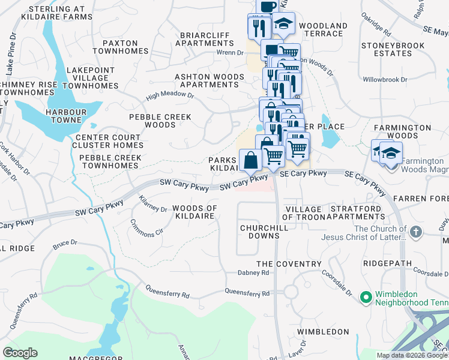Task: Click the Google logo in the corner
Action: (x=20, y=353)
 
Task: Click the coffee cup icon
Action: (x=267, y=5)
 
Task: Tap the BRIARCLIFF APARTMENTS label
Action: (x=205, y=40)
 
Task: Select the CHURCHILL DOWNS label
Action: (x=264, y=232)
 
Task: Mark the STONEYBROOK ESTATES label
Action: (x=394, y=49)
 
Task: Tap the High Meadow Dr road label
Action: (x=170, y=95)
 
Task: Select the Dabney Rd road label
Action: (x=257, y=272)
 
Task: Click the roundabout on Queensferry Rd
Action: (x=291, y=292)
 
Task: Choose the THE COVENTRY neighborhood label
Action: (x=289, y=264)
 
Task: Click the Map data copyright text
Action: (x=412, y=355)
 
